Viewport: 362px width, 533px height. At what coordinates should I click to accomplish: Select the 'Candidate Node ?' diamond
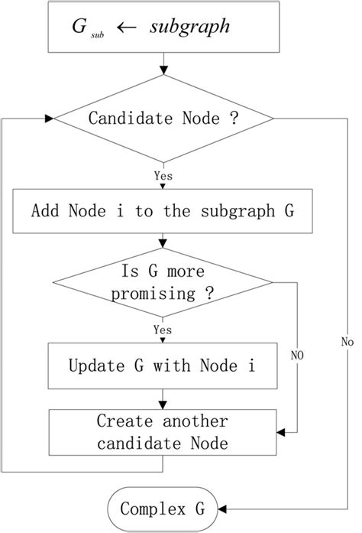coord(162,119)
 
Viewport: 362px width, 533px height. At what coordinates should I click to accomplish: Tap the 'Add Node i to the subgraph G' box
coord(162,210)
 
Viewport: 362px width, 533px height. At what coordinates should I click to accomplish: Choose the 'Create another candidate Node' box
coord(162,432)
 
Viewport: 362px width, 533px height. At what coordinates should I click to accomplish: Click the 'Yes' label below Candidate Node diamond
coord(162,175)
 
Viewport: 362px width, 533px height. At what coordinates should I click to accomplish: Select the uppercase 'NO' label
coord(298,355)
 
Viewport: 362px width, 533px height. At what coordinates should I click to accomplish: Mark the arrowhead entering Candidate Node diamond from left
coord(50,119)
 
